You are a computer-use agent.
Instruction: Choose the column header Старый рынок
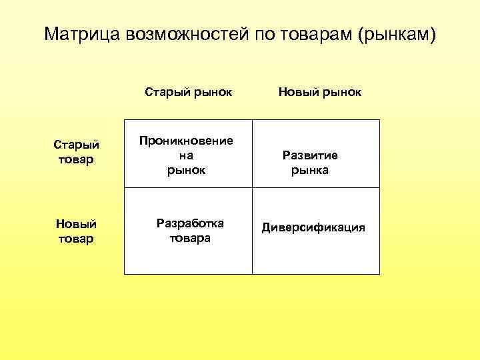click(189, 91)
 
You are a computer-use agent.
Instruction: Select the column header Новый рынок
click(319, 91)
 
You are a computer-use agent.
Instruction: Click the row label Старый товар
click(76, 152)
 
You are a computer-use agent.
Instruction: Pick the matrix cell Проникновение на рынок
click(186, 155)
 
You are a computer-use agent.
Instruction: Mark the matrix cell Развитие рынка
click(310, 163)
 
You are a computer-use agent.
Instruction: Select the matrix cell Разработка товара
click(190, 230)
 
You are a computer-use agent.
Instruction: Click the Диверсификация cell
click(313, 227)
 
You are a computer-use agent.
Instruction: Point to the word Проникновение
click(186, 141)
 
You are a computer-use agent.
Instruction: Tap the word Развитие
click(310, 155)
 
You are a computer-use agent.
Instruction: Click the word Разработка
click(190, 223)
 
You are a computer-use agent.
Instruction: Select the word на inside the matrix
click(186, 155)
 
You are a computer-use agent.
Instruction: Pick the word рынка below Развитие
click(310, 171)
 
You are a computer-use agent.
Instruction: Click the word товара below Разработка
click(190, 238)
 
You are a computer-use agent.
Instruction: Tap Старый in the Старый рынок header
click(165, 91)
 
